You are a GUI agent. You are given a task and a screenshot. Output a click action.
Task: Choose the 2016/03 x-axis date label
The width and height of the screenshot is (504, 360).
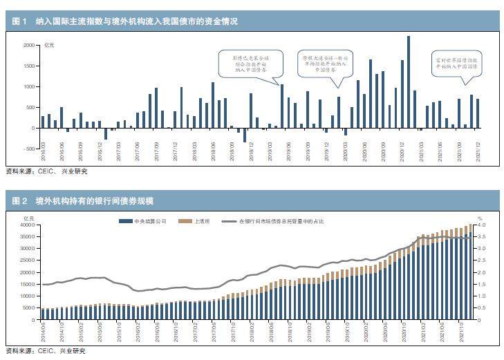click(x=43, y=153)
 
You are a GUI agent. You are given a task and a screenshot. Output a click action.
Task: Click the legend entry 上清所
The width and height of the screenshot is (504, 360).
click(x=192, y=221)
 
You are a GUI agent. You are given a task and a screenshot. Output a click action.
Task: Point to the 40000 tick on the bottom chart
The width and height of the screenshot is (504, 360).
click(x=25, y=225)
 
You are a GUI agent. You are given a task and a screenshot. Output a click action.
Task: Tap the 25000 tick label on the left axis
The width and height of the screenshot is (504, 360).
click(x=25, y=260)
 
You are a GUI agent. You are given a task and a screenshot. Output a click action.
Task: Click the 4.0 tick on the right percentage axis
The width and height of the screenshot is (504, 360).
click(x=482, y=225)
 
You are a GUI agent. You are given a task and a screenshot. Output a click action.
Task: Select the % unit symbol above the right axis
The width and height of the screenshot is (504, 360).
click(x=479, y=218)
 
